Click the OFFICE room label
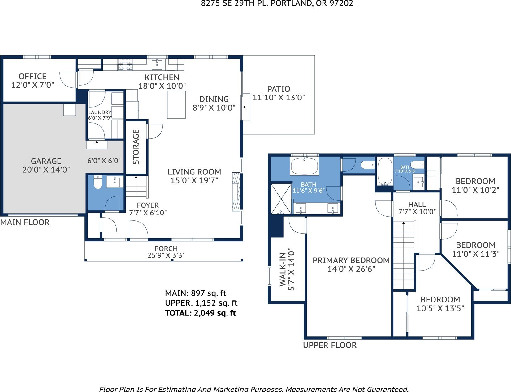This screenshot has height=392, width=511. (32, 77)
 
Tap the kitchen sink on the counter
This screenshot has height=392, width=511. (157, 64)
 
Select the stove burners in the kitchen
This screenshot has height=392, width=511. (125, 64)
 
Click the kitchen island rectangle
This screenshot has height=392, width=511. (176, 105)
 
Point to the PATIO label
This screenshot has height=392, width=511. (279, 89)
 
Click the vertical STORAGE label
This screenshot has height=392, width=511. (136, 147)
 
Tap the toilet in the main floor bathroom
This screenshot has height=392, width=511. (98, 182)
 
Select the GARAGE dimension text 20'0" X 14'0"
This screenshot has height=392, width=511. (46, 170)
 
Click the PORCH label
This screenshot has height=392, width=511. (166, 249)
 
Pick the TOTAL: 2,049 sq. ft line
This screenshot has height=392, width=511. (200, 313)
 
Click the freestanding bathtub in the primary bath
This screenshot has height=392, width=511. (305, 166)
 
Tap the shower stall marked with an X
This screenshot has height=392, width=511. (281, 199)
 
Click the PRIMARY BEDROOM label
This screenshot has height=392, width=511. (351, 260)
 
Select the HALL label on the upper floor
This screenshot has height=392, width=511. (417, 204)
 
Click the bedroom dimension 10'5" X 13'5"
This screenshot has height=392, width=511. (440, 308)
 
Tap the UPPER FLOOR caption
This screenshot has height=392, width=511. (330, 345)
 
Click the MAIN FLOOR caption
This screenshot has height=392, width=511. (25, 222)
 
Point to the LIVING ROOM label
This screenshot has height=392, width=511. (194, 172)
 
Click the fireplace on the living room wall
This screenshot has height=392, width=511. (236, 192)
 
